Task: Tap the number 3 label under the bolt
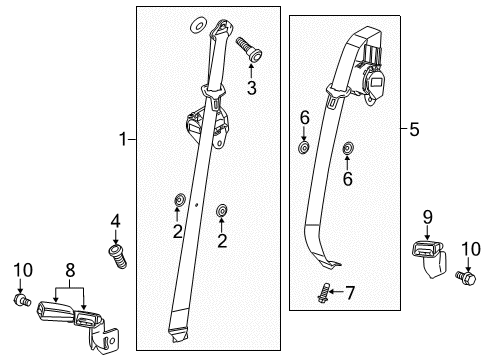click(x=251, y=89)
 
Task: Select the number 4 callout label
click(x=115, y=220)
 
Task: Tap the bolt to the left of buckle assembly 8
click(x=21, y=299)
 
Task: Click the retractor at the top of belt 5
click(x=371, y=70)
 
